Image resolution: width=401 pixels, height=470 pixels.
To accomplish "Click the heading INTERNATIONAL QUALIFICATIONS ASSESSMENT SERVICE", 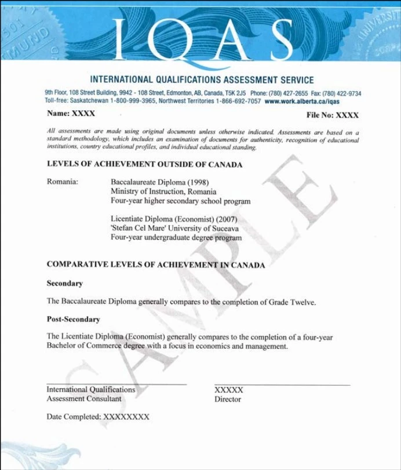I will (x=202, y=80).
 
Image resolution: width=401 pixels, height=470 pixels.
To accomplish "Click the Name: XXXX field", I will (x=71, y=114).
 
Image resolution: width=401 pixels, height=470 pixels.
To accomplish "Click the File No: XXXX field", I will (x=333, y=115).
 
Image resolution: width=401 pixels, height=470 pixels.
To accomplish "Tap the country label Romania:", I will (x=63, y=182).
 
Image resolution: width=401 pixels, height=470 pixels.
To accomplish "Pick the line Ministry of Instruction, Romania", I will (x=163, y=191).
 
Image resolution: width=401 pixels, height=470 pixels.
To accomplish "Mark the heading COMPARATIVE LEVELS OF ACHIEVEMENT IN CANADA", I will (x=155, y=265).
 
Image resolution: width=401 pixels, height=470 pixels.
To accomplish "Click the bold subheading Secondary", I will (x=64, y=283).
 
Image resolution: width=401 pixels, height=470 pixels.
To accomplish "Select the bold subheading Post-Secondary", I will (x=73, y=319).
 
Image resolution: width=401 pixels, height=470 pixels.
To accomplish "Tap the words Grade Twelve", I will (x=294, y=302).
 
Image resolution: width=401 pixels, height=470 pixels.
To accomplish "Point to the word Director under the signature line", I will (x=227, y=399).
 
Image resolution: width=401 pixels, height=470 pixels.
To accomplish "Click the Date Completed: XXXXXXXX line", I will (x=98, y=417).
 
